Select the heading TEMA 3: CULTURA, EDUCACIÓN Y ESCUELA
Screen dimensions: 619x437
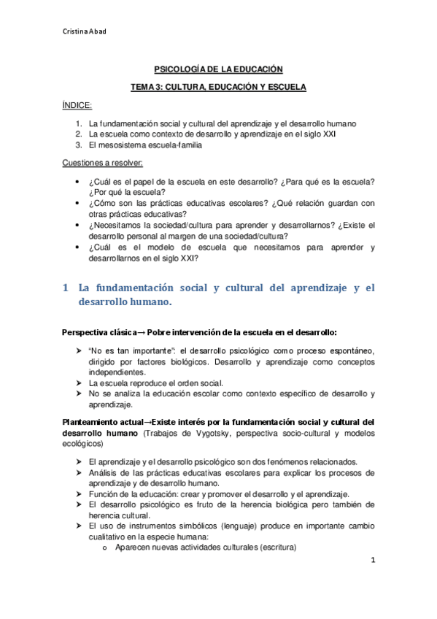coord(218,88)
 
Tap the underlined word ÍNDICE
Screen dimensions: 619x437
coord(77,106)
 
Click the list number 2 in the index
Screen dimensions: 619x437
coord(78,134)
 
